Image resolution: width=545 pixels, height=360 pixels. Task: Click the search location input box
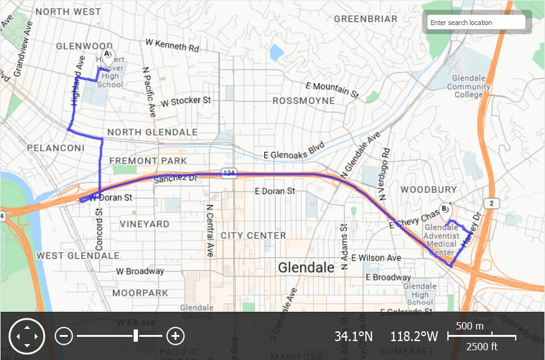pos(475,23)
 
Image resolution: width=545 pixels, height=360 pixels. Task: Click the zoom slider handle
pos(135,336)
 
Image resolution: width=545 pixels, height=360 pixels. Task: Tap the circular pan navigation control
pos(27,336)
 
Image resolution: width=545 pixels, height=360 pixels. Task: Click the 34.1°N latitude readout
pos(353,336)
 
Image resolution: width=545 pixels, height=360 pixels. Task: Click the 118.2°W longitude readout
pos(414,336)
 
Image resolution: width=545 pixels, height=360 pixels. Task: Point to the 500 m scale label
pos(469,326)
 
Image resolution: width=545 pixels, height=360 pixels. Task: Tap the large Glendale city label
pos(306,267)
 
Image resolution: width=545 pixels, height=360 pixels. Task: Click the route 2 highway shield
pos(491,202)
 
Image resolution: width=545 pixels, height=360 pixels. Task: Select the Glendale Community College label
pos(468,86)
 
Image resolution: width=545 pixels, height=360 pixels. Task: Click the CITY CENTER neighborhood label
pos(253,236)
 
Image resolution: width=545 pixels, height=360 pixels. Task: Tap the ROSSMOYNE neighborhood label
pos(303,100)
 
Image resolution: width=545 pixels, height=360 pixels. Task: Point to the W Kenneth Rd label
pos(172,45)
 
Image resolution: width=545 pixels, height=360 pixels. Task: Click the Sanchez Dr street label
pos(176,179)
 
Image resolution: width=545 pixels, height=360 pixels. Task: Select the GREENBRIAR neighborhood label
pos(366,19)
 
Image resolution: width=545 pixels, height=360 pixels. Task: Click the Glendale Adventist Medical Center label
pos(441,240)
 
